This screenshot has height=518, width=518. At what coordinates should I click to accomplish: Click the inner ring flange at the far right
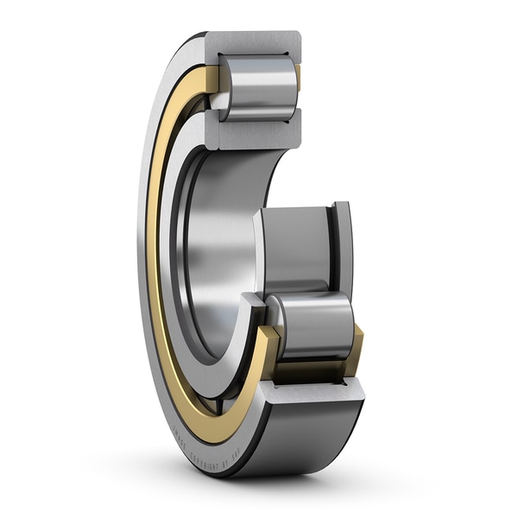tap(343, 250)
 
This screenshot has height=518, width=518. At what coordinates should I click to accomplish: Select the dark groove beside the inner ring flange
tap(332, 250)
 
